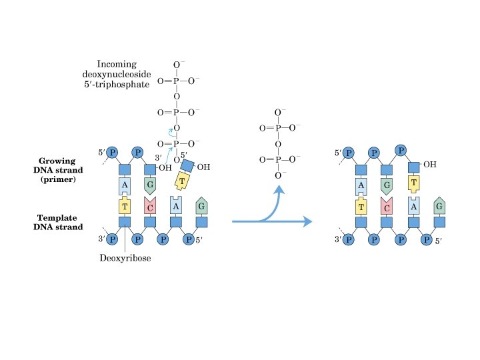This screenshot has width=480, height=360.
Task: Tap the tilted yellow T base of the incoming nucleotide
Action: pos(182,179)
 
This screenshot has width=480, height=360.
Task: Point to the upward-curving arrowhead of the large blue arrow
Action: pos(279,191)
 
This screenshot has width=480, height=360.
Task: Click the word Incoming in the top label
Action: pos(117,65)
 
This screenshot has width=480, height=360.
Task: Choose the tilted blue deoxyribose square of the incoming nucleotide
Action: pos(187,165)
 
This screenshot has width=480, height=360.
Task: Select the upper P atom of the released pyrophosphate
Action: pos(278,127)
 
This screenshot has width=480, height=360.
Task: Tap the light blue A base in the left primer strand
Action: pos(124,185)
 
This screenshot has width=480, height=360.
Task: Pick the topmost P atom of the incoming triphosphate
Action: pos(176,81)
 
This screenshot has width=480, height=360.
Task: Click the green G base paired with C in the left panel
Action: pos(149,185)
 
